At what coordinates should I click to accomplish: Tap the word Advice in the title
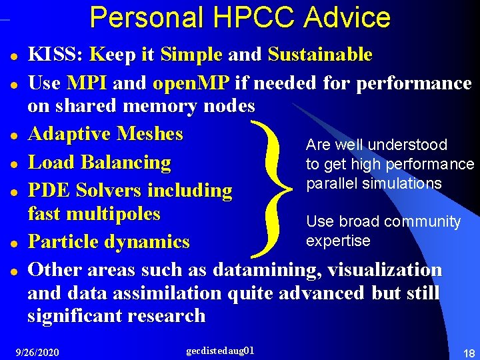tap(347, 17)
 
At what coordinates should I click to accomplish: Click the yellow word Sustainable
tap(320, 55)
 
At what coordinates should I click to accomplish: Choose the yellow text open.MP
tap(191, 83)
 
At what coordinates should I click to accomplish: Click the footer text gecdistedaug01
tap(220, 349)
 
